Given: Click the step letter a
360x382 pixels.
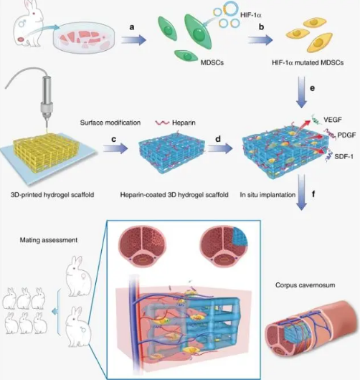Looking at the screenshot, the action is (x=132, y=27).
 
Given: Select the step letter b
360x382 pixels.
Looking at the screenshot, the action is (x=261, y=27).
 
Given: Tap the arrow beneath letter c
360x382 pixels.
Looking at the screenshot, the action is (x=115, y=148).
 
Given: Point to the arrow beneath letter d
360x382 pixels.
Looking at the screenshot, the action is (x=220, y=148).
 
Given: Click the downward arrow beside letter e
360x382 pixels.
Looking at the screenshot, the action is (x=302, y=92).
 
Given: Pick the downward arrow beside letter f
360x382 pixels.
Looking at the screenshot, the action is (x=302, y=192).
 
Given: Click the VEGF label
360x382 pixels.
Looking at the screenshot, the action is (x=333, y=120).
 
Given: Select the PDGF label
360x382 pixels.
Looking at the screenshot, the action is (x=346, y=135).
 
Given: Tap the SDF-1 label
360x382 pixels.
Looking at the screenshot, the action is (x=344, y=156).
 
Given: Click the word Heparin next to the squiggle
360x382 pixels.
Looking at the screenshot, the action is (x=184, y=123).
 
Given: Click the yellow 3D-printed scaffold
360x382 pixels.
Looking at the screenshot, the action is (x=47, y=153).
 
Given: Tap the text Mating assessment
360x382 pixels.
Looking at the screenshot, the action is (x=49, y=240).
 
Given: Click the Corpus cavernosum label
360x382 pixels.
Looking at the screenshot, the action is (x=305, y=285).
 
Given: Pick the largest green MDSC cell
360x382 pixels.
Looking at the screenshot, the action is (x=198, y=32).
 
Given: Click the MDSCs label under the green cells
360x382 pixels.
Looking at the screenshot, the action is (x=212, y=62).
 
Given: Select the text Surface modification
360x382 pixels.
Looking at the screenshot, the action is (x=110, y=123).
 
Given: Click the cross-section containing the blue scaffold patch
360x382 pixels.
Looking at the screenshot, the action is (x=224, y=247).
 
